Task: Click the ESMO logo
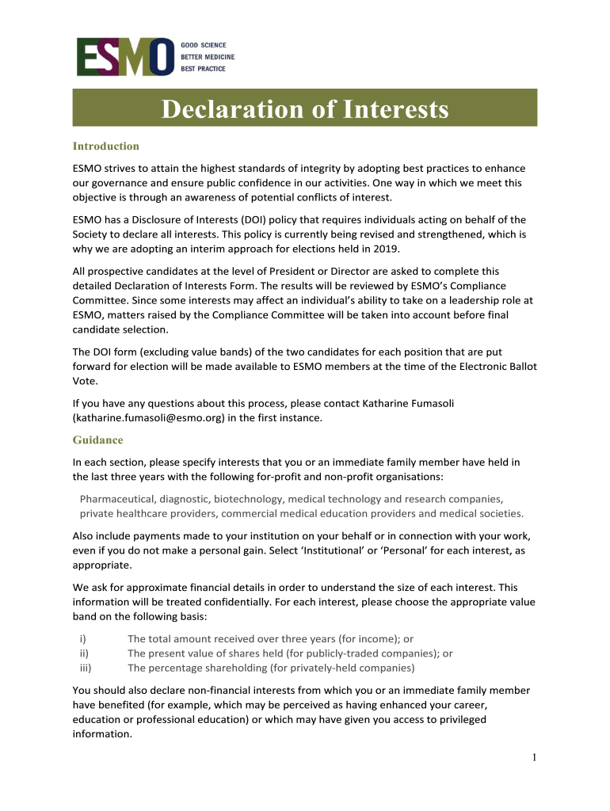(x=125, y=56)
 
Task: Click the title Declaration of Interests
(x=305, y=109)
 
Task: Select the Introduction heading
(x=106, y=147)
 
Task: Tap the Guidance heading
(x=98, y=440)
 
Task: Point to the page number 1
(x=535, y=758)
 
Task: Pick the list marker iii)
(x=85, y=668)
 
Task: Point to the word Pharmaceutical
(x=117, y=499)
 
